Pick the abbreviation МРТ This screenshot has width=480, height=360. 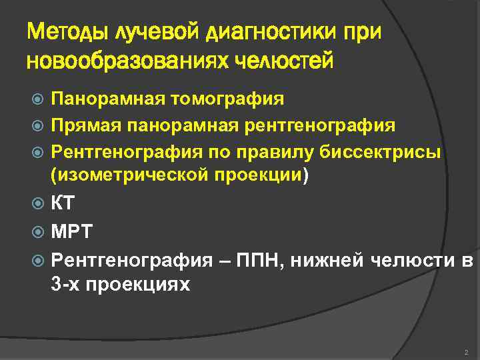tap(72, 233)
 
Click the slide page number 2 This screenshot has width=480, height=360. tap(465, 351)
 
